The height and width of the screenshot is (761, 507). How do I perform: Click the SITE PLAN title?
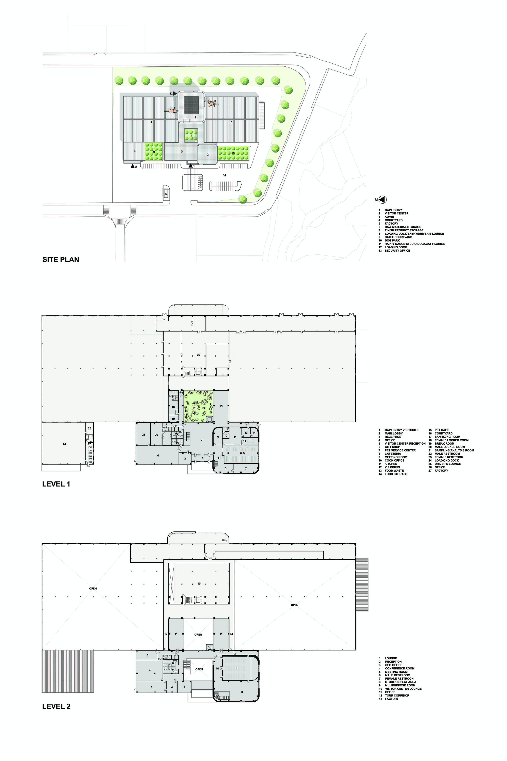(61, 260)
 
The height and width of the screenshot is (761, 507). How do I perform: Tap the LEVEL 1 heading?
(56, 484)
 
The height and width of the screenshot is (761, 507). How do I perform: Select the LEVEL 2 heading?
(56, 706)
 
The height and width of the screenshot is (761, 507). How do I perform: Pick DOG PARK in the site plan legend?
(392, 240)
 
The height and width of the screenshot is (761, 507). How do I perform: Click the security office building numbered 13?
(166, 194)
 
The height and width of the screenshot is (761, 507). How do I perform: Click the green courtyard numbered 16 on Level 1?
(198, 406)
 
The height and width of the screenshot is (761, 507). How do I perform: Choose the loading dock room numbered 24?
(64, 444)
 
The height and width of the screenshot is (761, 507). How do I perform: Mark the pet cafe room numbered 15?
(221, 406)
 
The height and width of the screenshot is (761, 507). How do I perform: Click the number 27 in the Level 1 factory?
(198, 355)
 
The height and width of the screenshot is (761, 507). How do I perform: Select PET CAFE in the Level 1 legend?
(441, 430)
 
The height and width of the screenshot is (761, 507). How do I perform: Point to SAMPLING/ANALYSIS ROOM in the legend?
(454, 451)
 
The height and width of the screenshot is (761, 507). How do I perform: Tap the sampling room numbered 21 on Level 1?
(143, 435)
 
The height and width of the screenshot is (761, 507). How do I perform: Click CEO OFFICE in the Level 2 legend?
(393, 665)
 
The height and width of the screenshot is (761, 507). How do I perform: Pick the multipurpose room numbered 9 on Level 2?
(236, 668)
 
